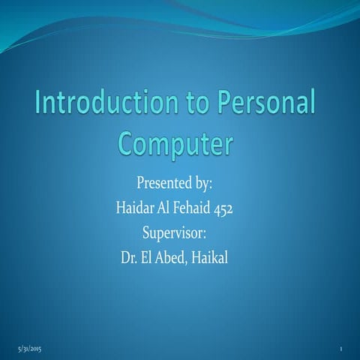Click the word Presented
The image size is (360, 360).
161,183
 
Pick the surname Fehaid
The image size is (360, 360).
193,206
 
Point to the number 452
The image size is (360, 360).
228,207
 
